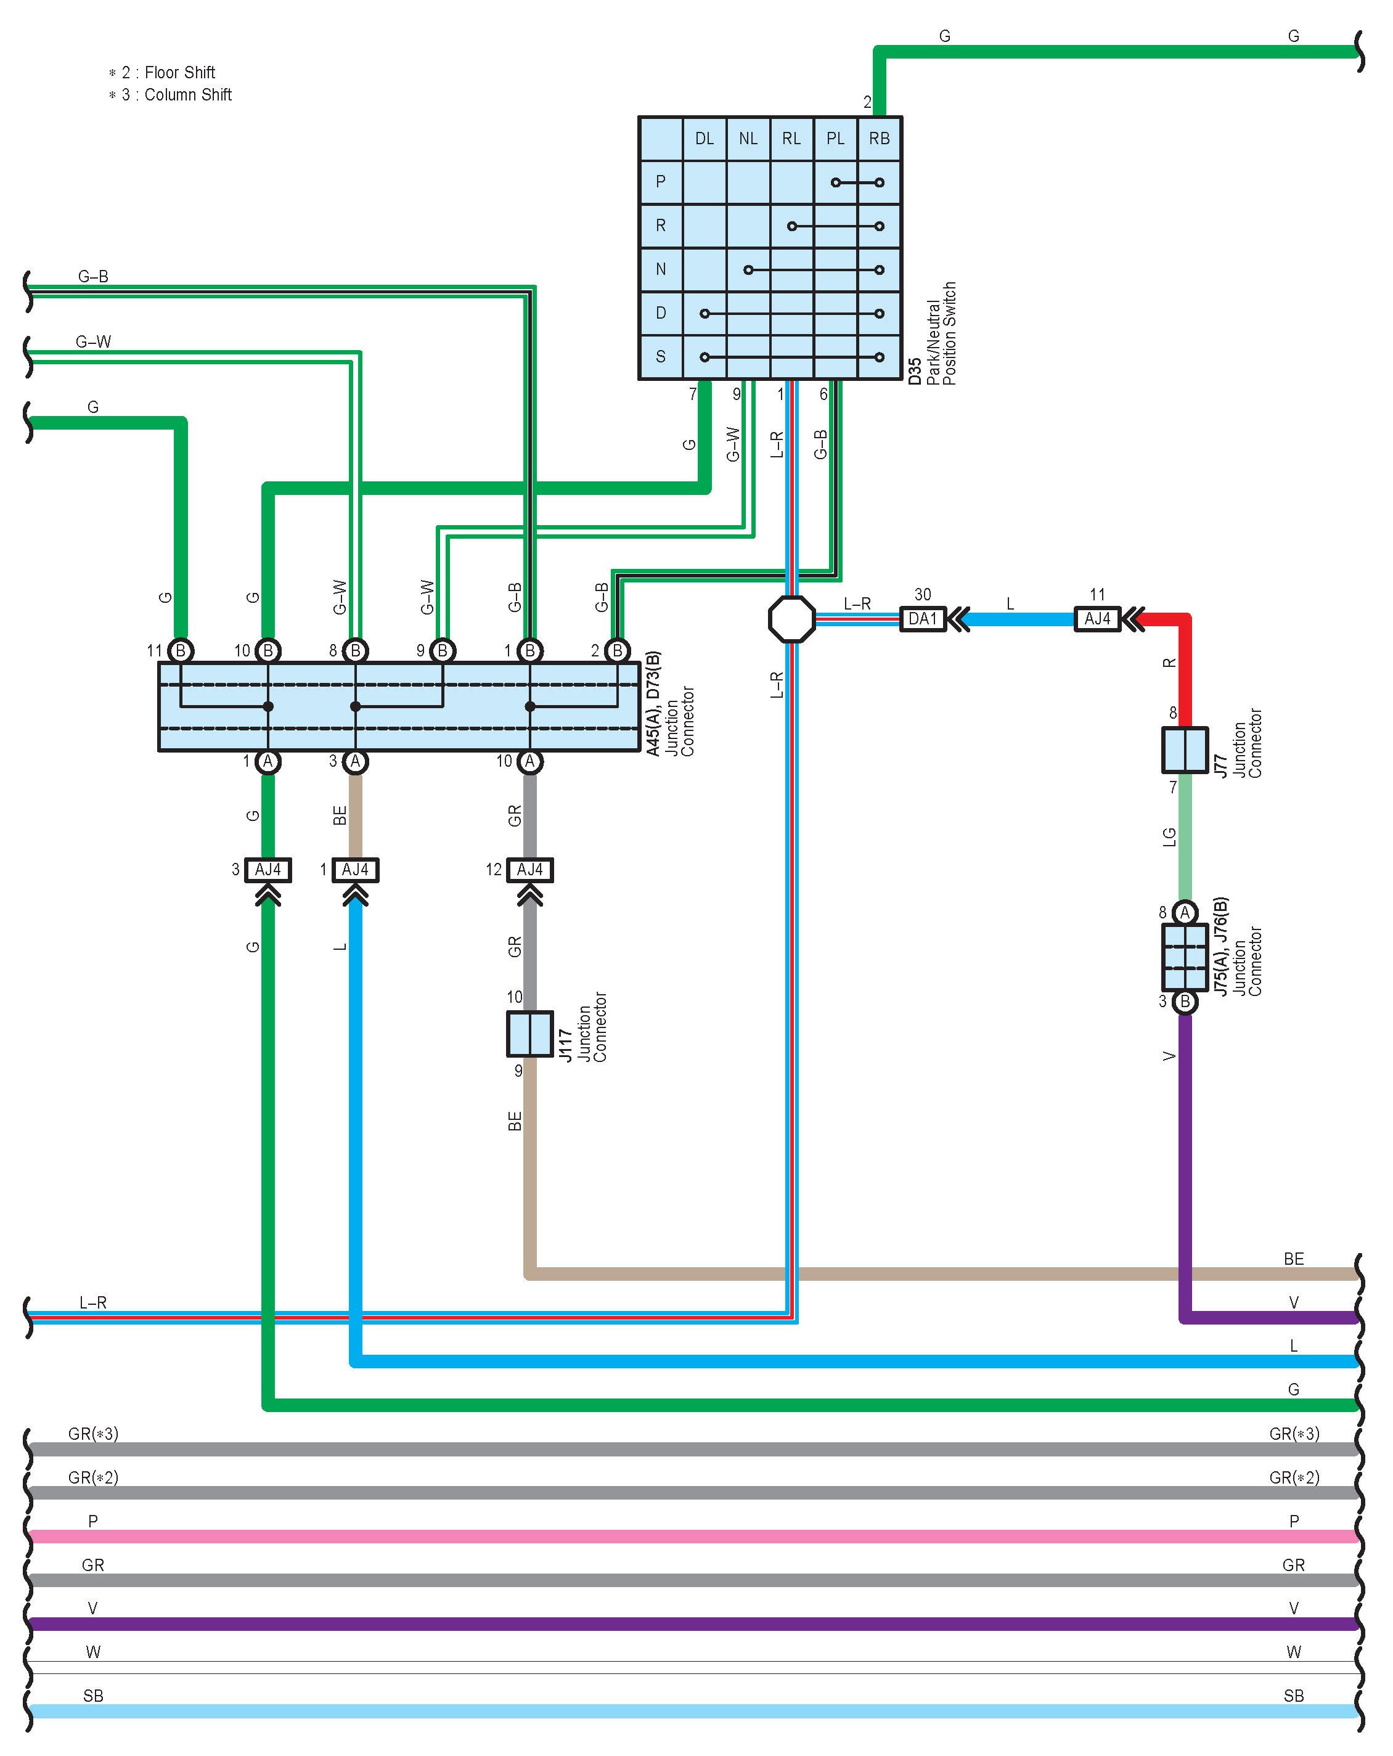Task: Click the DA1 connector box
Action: click(922, 619)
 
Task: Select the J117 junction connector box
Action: click(529, 1034)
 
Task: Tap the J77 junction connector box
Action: click(1185, 749)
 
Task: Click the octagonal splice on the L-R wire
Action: click(792, 619)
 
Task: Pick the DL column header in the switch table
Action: click(705, 139)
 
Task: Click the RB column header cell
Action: click(879, 139)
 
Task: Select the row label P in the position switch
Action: click(661, 182)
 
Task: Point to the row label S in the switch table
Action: click(661, 357)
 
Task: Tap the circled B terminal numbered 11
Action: click(181, 651)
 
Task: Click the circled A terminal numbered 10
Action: click(529, 762)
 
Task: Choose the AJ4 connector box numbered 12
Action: click(529, 870)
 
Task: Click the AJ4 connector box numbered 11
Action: click(1097, 619)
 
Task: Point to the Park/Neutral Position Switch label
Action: click(941, 333)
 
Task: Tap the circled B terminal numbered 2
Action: click(618, 651)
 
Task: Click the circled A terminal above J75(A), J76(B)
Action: click(1185, 913)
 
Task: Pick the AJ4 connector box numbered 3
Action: click(268, 870)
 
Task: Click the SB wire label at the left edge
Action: click(93, 1696)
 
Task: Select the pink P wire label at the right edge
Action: click(1294, 1521)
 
